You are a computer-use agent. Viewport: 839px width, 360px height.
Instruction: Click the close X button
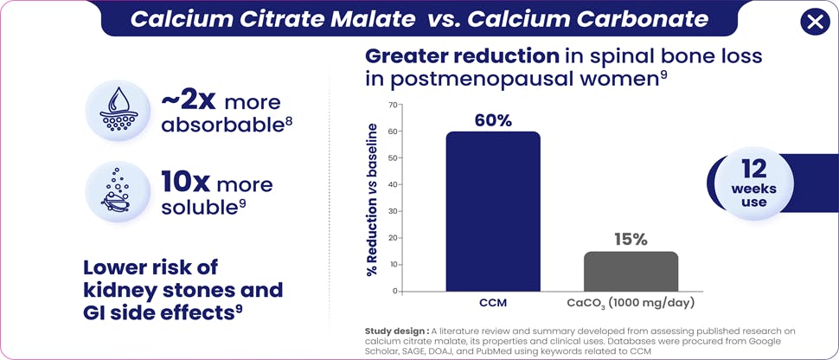[814, 22]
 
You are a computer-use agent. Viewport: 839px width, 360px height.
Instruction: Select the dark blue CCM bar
[493, 211]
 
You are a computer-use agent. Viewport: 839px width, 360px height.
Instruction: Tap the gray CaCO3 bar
[631, 271]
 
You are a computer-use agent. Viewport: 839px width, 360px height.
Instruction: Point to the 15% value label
[631, 240]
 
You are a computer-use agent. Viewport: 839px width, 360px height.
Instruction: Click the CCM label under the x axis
[493, 305]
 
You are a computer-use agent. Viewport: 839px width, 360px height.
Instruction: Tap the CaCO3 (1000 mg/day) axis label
[618, 305]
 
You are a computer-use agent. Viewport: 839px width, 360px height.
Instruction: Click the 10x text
[185, 183]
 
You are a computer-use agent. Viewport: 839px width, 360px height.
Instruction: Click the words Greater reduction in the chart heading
[462, 56]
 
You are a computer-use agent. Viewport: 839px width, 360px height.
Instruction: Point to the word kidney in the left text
[116, 290]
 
